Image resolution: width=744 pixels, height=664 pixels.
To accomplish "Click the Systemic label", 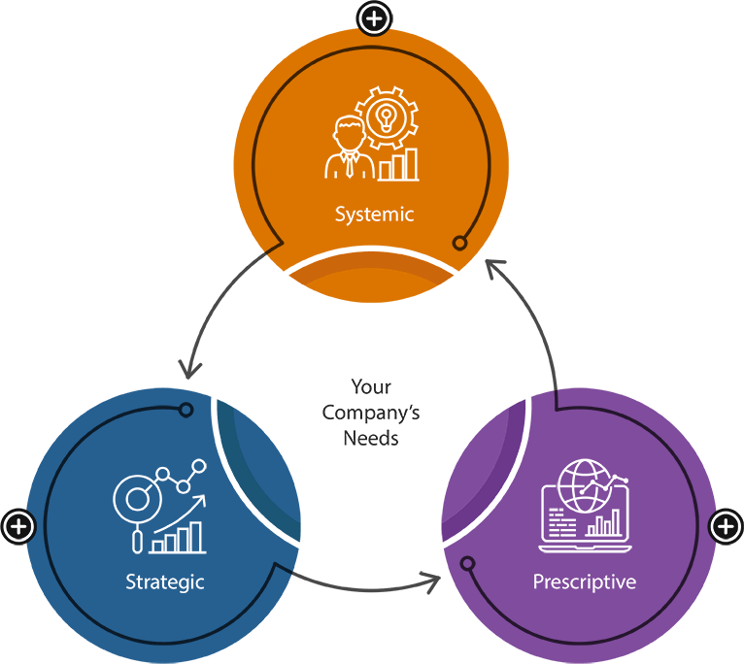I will [x=374, y=214].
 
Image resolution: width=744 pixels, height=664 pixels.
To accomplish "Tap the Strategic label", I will [x=165, y=582].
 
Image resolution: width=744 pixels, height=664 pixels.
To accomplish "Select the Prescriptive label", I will [x=585, y=582].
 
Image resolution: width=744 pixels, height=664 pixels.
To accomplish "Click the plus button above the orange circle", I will [x=375, y=18].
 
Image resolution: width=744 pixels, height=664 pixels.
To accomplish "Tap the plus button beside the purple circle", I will [x=725, y=527].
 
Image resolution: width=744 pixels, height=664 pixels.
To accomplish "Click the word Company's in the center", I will [x=371, y=413].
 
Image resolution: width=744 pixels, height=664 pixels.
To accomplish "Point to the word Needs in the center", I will [x=371, y=438].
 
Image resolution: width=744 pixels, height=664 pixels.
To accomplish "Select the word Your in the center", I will [x=371, y=387].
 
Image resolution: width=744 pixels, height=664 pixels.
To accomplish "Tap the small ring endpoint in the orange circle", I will [x=460, y=243].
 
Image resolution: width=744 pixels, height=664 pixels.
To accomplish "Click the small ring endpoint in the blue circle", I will [x=186, y=410].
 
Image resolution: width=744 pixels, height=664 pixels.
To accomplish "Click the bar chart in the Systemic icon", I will [x=399, y=166].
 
